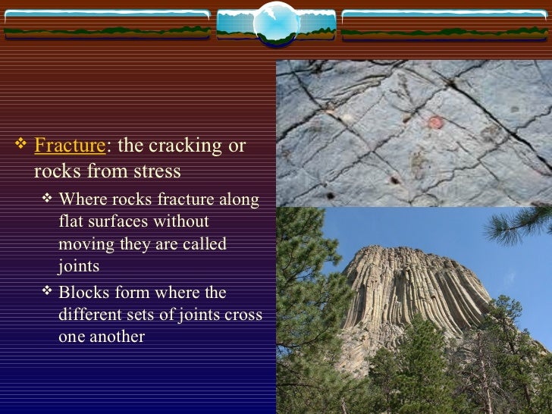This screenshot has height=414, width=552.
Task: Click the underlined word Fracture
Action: [68, 145]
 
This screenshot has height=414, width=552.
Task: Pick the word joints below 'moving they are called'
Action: [78, 266]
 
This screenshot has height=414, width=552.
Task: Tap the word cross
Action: [243, 314]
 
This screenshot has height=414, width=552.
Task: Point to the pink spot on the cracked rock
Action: [434, 122]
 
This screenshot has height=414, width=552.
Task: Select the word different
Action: [93, 314]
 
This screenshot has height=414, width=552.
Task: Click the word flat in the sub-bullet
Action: [71, 222]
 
